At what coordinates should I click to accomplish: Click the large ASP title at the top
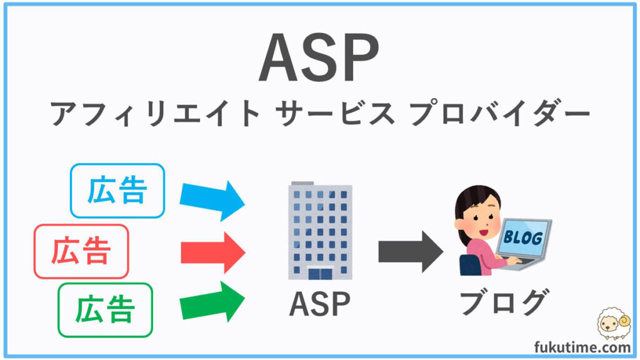point(319,58)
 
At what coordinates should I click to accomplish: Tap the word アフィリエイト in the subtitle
point(155,113)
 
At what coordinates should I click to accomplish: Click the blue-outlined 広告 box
point(117,191)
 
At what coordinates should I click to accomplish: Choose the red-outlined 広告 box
point(81,251)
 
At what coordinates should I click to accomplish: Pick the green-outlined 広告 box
point(105,310)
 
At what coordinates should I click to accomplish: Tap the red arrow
point(213,252)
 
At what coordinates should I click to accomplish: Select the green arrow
point(212,302)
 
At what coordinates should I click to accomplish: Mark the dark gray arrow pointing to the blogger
point(411,251)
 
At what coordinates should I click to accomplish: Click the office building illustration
point(320,231)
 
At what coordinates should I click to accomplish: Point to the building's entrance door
point(321,274)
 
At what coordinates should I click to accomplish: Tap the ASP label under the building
point(319,304)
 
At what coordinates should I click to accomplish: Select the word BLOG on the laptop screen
point(523,237)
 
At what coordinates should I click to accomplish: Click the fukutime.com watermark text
point(582,347)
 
